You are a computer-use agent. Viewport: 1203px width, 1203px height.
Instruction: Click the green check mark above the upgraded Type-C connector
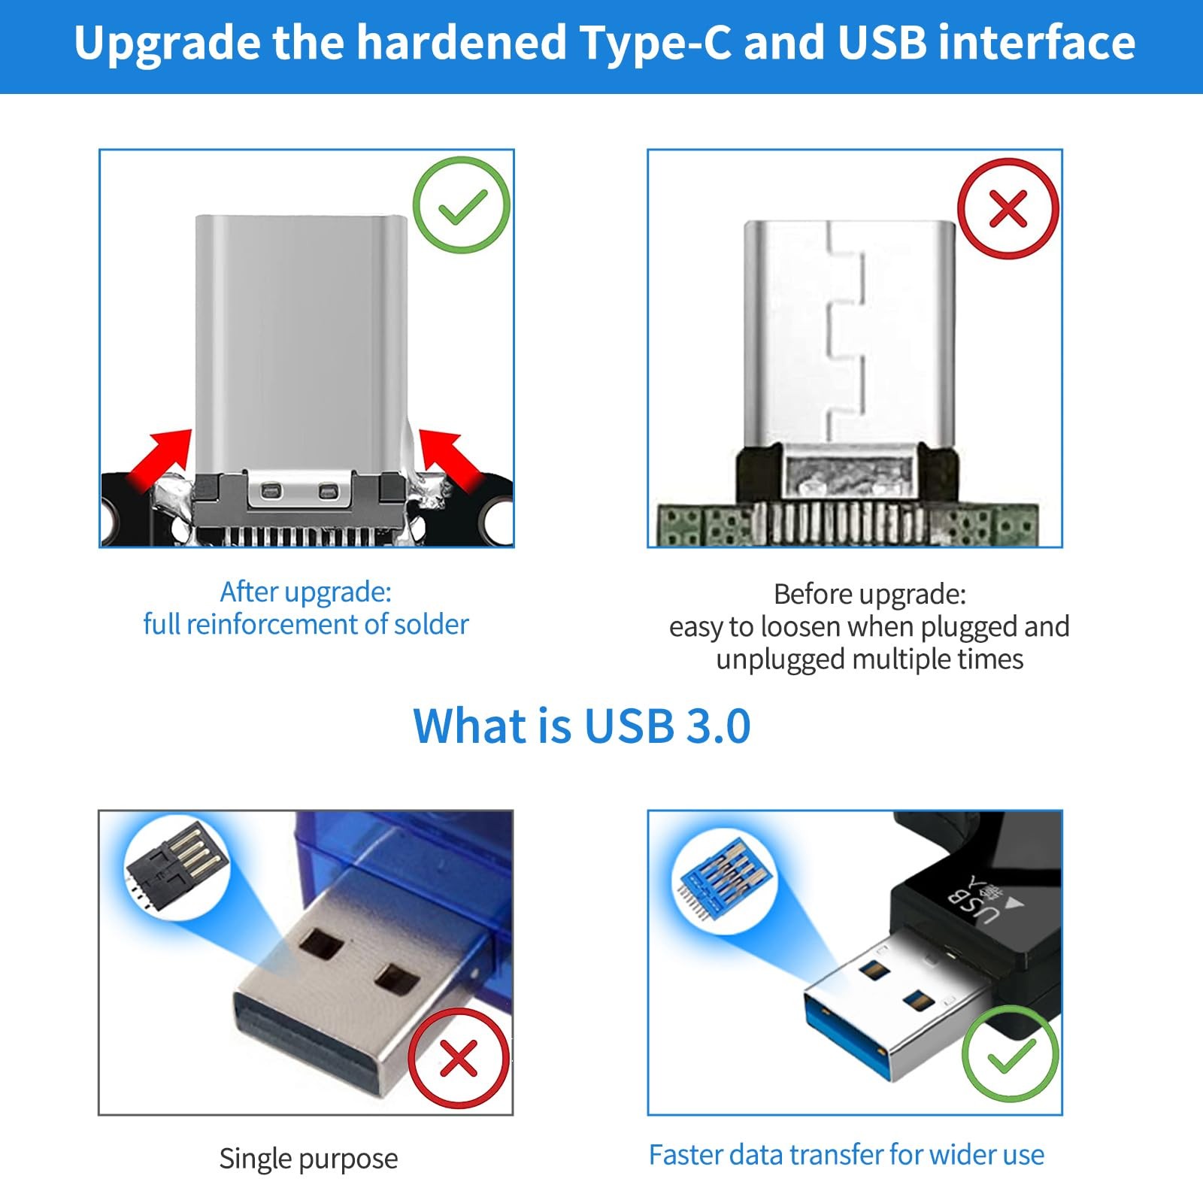click(x=462, y=205)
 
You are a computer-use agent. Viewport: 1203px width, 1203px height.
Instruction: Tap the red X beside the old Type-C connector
click(x=1008, y=208)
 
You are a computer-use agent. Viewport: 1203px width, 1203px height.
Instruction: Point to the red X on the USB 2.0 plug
click(x=459, y=1058)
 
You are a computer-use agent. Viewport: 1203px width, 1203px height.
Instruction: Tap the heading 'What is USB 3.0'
click(x=582, y=726)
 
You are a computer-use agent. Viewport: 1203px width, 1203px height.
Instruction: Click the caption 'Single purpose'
click(x=308, y=1159)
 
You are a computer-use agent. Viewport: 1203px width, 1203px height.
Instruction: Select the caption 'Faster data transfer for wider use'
click(x=847, y=1154)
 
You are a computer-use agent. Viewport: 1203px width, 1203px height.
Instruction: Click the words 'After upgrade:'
click(x=305, y=592)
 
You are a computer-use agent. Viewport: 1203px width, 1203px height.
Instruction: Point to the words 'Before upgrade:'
click(x=870, y=595)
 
